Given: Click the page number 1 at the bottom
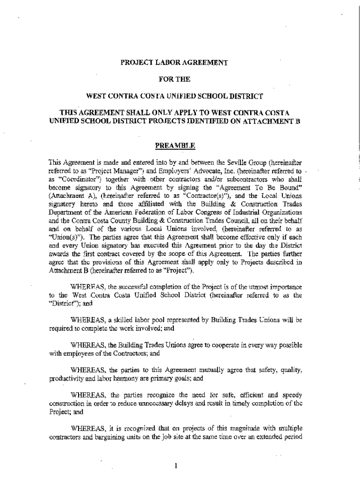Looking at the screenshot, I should click(x=174, y=465).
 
